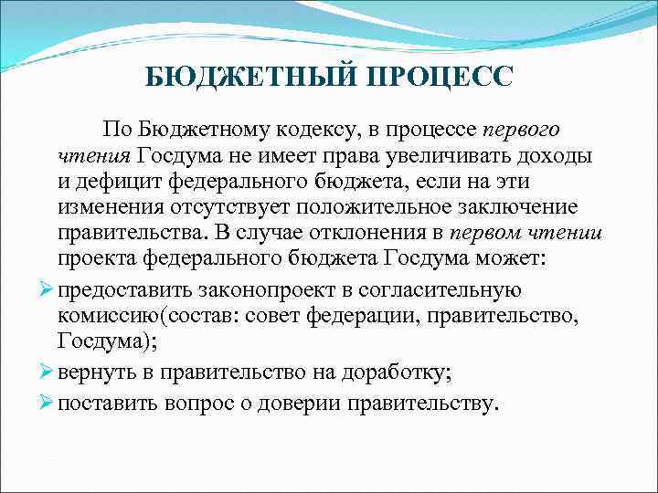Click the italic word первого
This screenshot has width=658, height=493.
click(521, 130)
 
